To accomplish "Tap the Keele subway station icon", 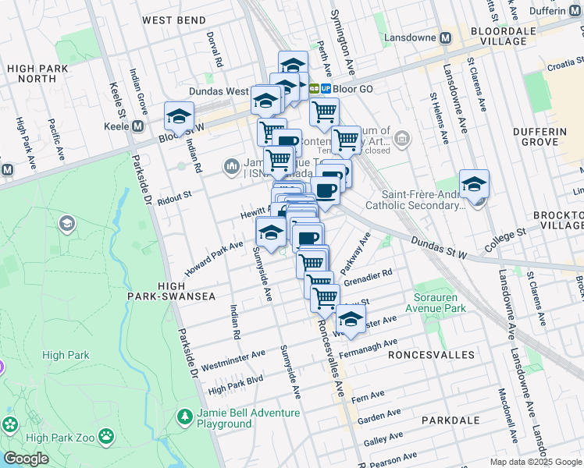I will pyautogui.click(x=138, y=126).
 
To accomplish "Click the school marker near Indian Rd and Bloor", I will pyautogui.click(x=179, y=117).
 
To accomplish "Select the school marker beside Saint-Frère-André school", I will pyautogui.click(x=474, y=184).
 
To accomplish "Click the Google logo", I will pyautogui.click(x=26, y=459).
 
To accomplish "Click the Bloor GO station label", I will pyautogui.click(x=353, y=89).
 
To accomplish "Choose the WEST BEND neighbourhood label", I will pyautogui.click(x=175, y=20).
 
